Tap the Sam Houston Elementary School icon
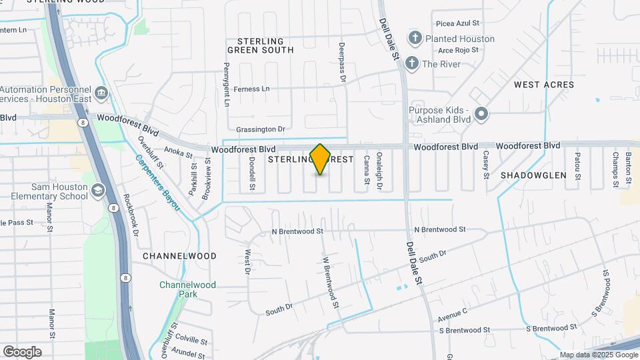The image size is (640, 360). (x=99, y=191)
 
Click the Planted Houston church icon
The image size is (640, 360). (x=415, y=38)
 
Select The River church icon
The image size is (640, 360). (x=412, y=63)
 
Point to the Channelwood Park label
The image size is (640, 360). (x=179, y=289)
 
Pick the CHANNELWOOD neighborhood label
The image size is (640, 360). (x=179, y=256)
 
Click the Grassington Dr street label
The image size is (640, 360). (x=260, y=129)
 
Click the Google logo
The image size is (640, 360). (x=22, y=352)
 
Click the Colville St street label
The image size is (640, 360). (x=192, y=339)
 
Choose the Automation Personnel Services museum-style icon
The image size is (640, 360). (x=102, y=92)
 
